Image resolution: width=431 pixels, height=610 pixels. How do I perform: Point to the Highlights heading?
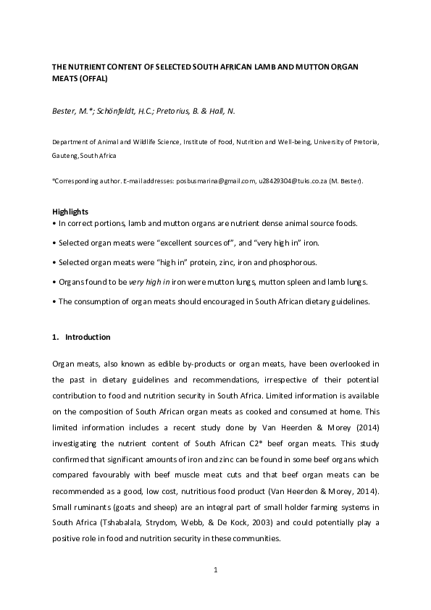coord(70,211)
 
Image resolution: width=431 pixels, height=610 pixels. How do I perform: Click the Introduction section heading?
coord(88,337)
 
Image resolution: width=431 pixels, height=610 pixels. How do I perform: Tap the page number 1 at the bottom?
coord(215,570)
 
